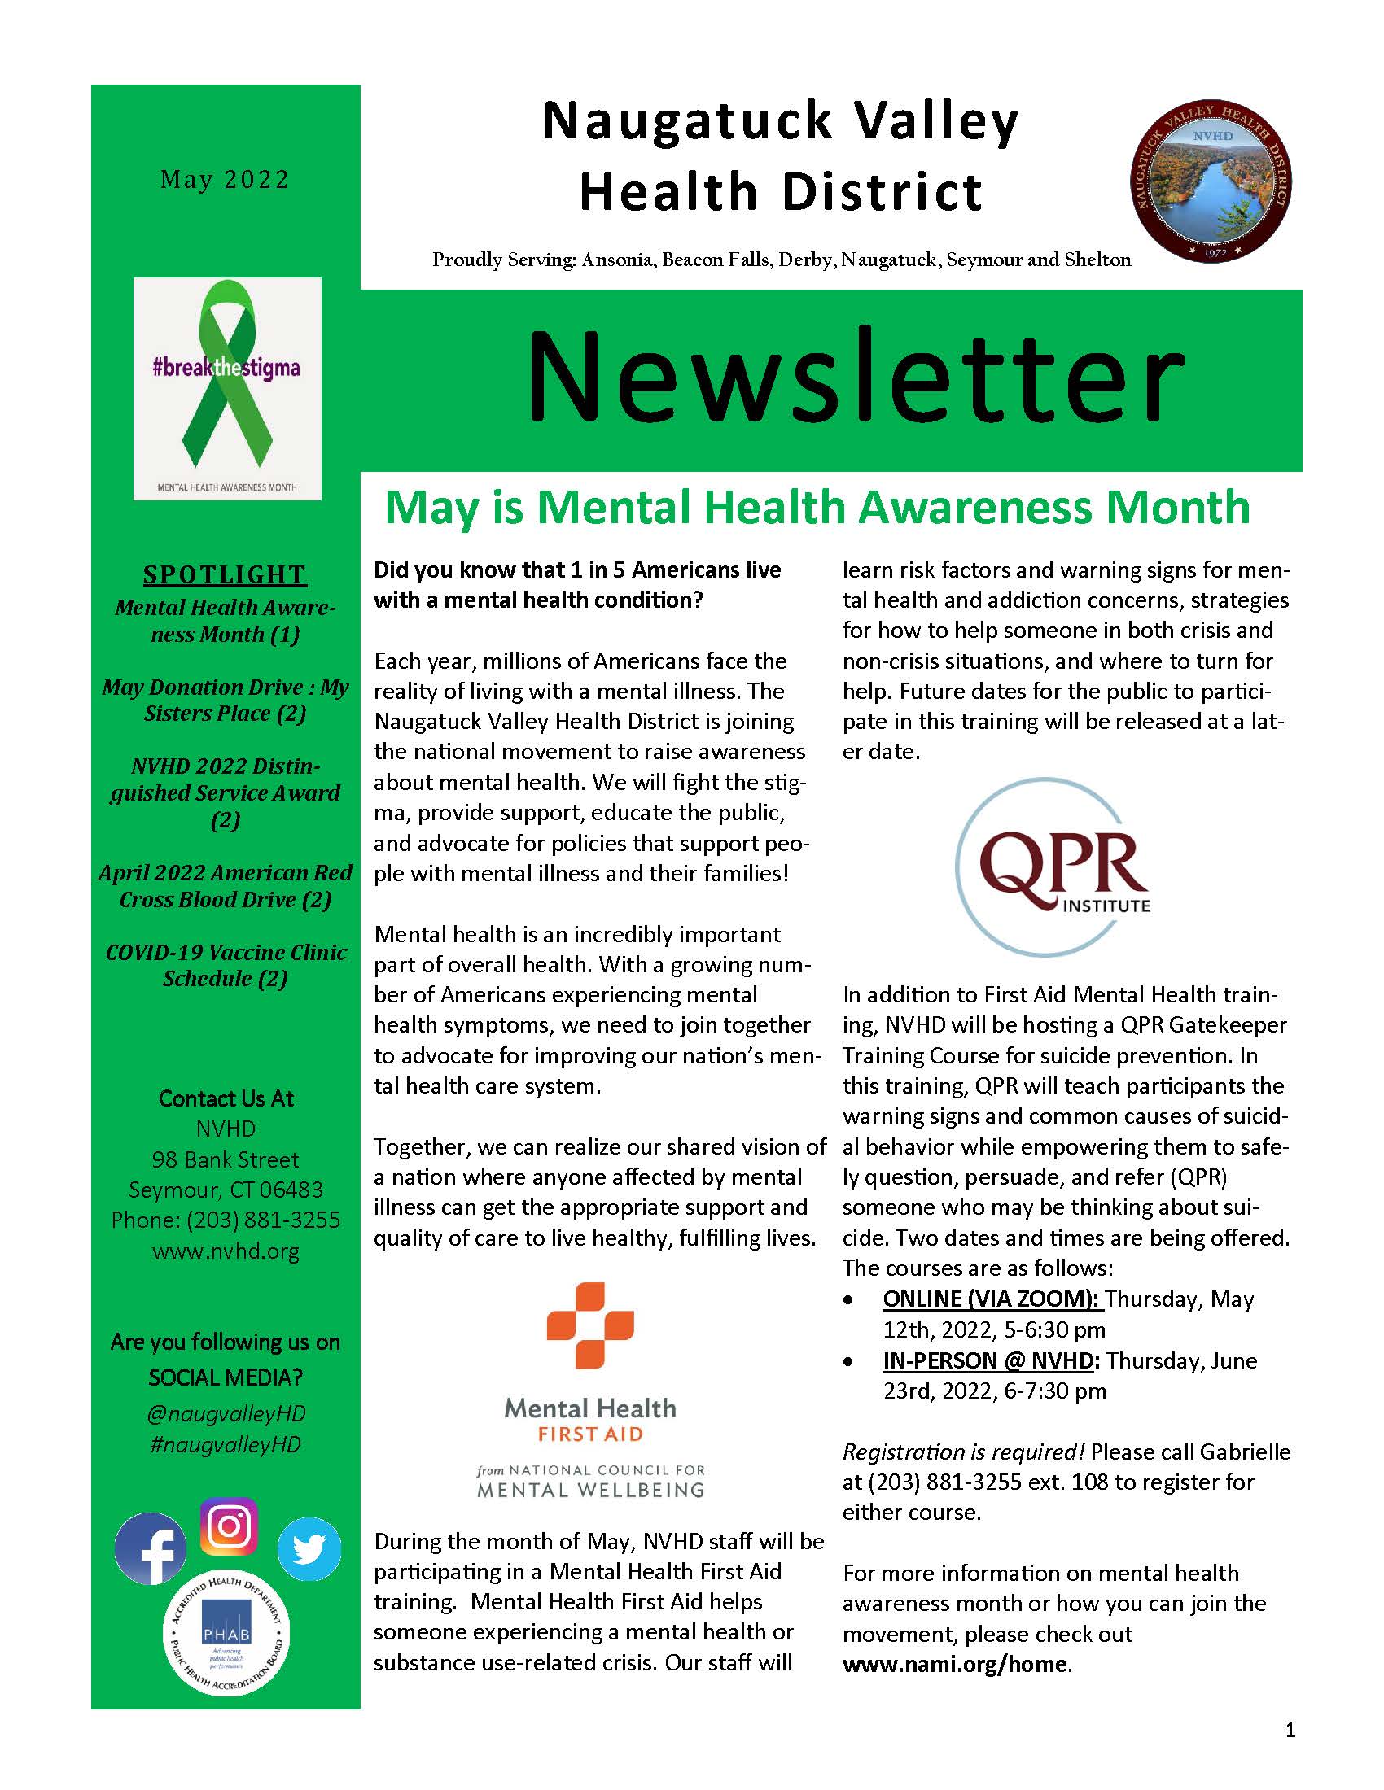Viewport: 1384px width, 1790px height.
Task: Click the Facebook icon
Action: [150, 1548]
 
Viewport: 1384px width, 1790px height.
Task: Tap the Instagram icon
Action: [229, 1526]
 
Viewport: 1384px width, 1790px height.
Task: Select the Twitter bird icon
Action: [309, 1548]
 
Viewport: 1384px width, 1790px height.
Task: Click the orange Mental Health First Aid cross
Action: [589, 1325]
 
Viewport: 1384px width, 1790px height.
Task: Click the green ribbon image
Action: [227, 388]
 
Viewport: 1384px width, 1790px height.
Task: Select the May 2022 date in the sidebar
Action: [225, 180]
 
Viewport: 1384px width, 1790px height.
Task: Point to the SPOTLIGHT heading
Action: [225, 574]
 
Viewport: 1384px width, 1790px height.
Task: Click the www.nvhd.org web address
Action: [226, 1251]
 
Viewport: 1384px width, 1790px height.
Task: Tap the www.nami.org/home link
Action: [955, 1664]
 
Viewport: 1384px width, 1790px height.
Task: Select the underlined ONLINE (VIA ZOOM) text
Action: [992, 1299]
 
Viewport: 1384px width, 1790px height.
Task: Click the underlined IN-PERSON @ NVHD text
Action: [990, 1360]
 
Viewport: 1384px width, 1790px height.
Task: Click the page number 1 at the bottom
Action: [1290, 1730]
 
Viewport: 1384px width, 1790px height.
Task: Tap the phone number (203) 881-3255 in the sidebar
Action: [262, 1220]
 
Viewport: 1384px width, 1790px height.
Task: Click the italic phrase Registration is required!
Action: [963, 1452]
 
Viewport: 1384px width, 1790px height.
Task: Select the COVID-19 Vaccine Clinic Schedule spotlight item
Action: [226, 965]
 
